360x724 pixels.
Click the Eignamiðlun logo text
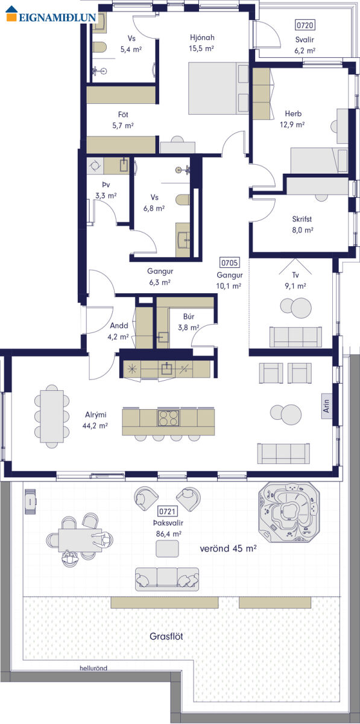click(x=57, y=17)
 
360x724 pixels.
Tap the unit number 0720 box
click(x=305, y=25)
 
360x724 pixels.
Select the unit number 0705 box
click(x=229, y=262)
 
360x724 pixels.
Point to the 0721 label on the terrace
click(x=168, y=511)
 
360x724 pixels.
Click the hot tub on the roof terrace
click(x=289, y=512)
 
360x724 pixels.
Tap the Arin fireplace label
click(x=326, y=405)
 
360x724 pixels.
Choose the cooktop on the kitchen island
click(x=168, y=418)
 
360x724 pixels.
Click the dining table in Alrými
click(x=52, y=416)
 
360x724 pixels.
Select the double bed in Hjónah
click(x=218, y=88)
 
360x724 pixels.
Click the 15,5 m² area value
click(x=201, y=48)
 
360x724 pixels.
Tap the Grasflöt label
click(x=166, y=636)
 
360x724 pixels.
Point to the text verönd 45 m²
click(x=228, y=548)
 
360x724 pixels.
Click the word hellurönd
click(x=93, y=668)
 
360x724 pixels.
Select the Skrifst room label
click(x=302, y=219)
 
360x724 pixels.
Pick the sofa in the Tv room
click(x=295, y=337)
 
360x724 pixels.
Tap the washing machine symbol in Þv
click(x=95, y=165)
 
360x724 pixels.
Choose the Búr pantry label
click(x=188, y=316)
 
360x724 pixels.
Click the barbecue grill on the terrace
click(x=30, y=501)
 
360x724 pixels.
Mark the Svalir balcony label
click(x=305, y=40)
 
